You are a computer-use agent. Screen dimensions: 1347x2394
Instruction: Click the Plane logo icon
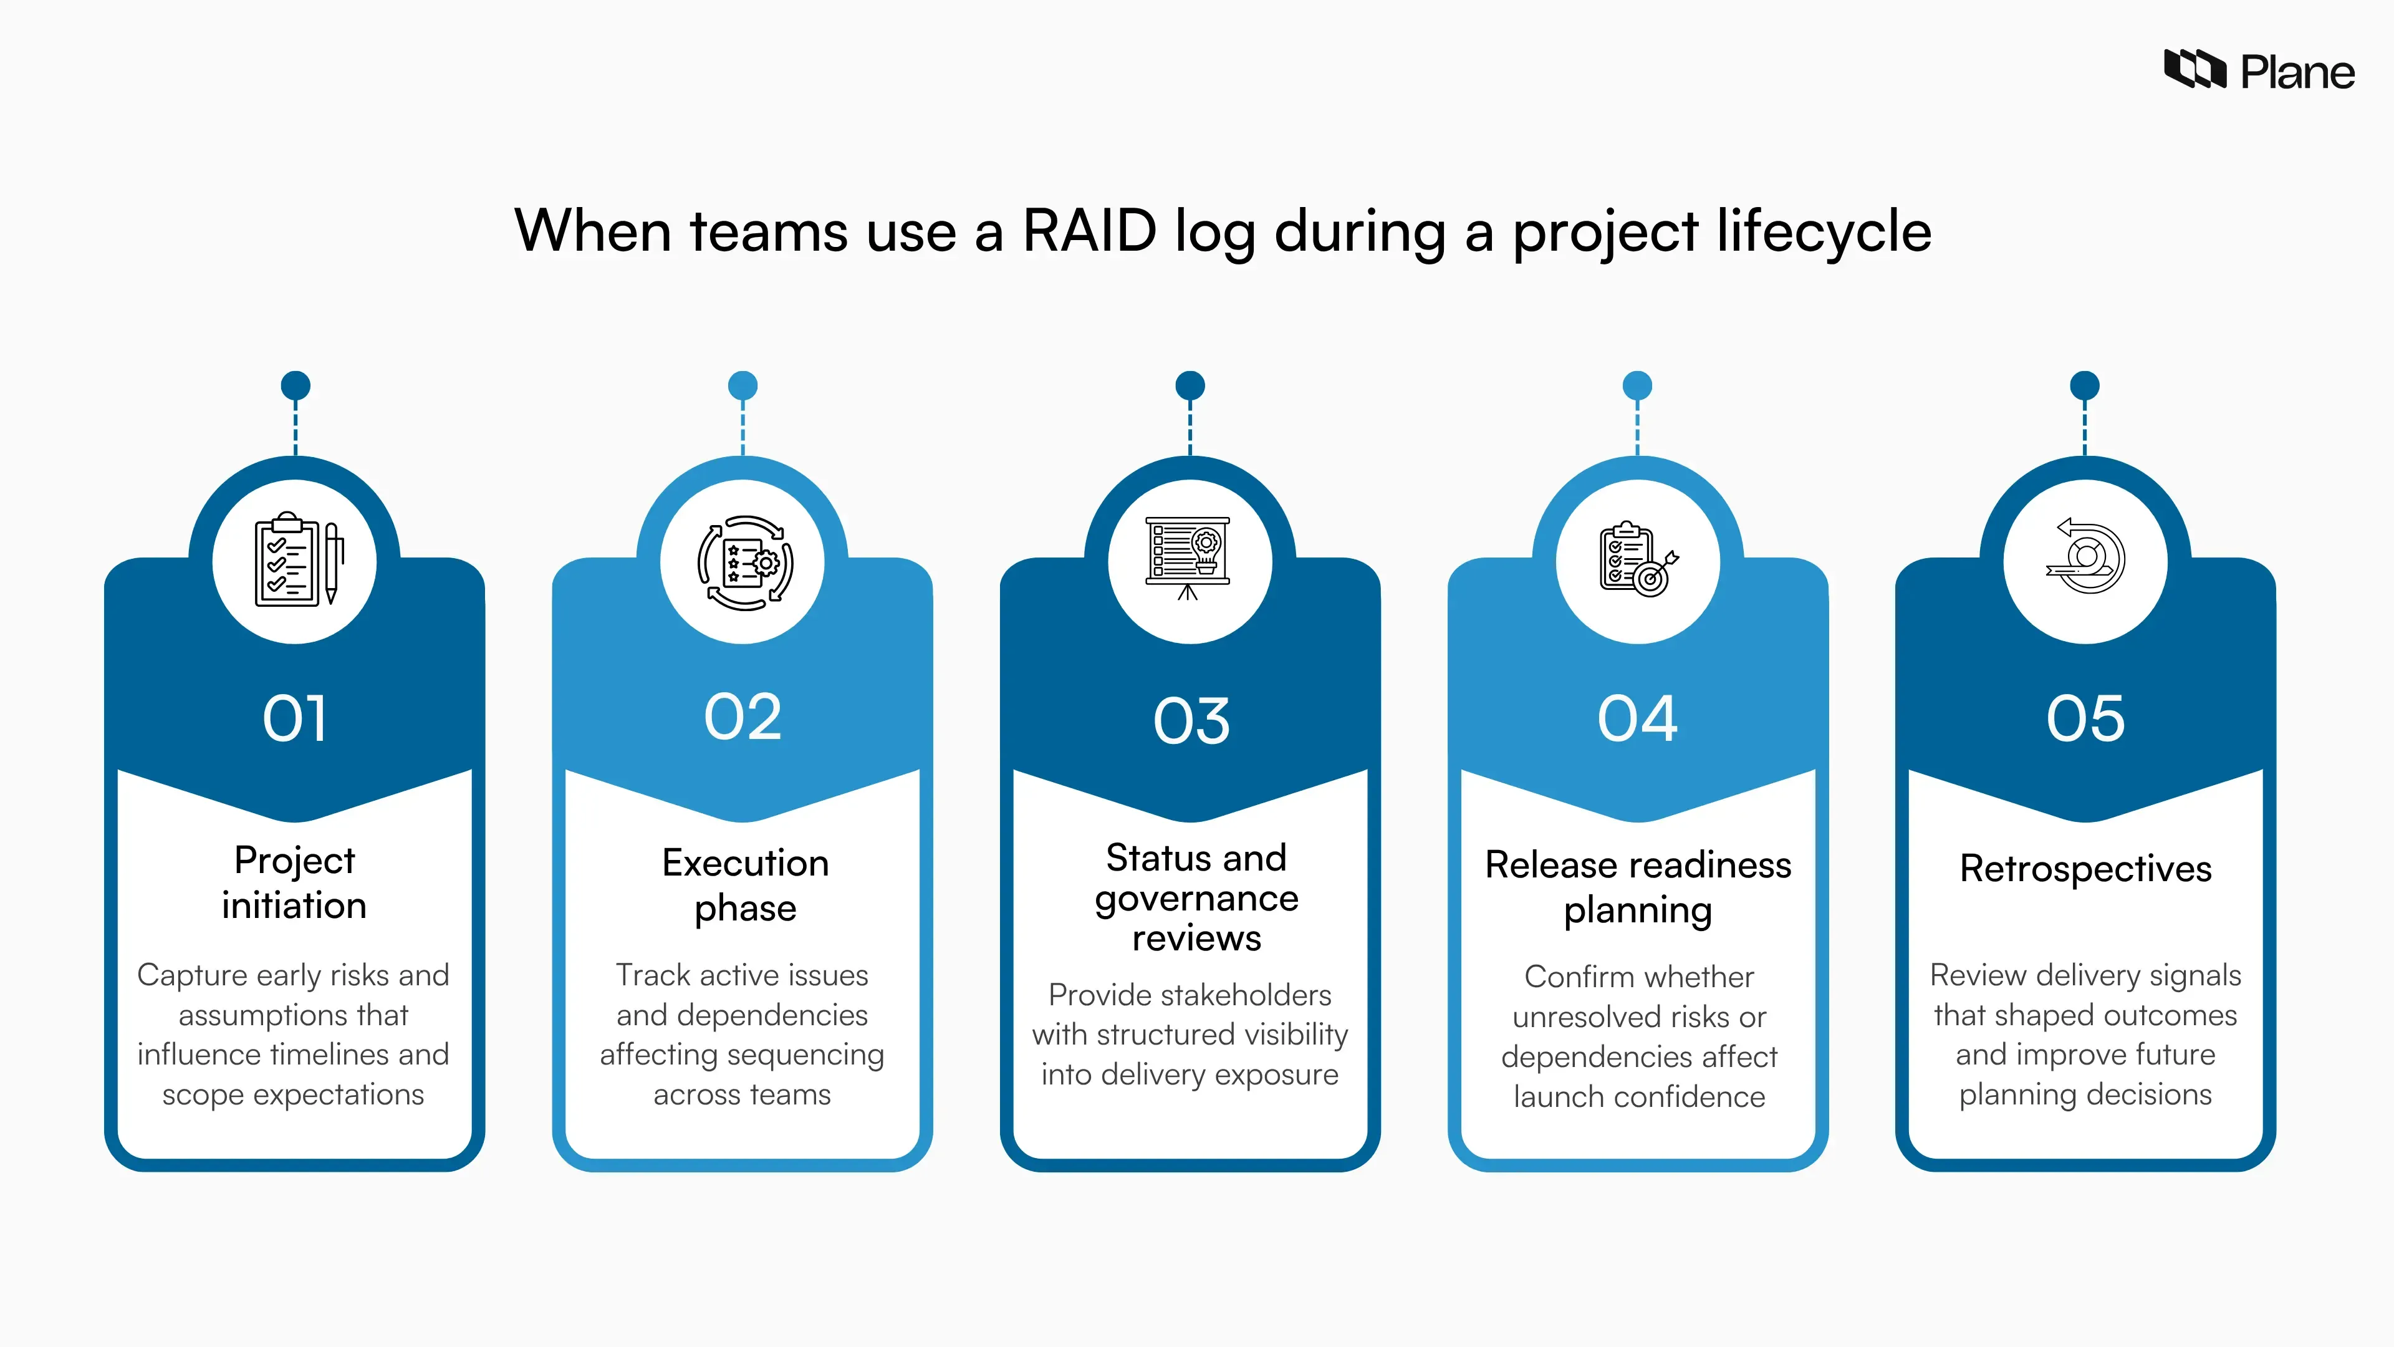tap(2194, 70)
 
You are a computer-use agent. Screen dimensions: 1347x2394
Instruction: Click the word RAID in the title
tap(1089, 231)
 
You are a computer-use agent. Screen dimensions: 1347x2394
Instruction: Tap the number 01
tap(295, 718)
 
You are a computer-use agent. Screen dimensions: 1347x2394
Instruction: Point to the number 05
tap(2085, 718)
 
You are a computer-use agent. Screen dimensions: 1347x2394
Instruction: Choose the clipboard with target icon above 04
tap(1638, 559)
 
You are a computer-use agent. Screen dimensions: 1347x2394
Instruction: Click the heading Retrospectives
tap(2085, 868)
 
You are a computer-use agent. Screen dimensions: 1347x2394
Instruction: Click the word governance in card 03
tap(1196, 899)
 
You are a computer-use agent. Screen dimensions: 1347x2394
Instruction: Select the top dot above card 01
tap(296, 385)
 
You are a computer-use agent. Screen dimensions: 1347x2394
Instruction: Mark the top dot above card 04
tap(1638, 385)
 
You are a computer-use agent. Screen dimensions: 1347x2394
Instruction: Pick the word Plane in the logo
tap(2297, 72)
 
